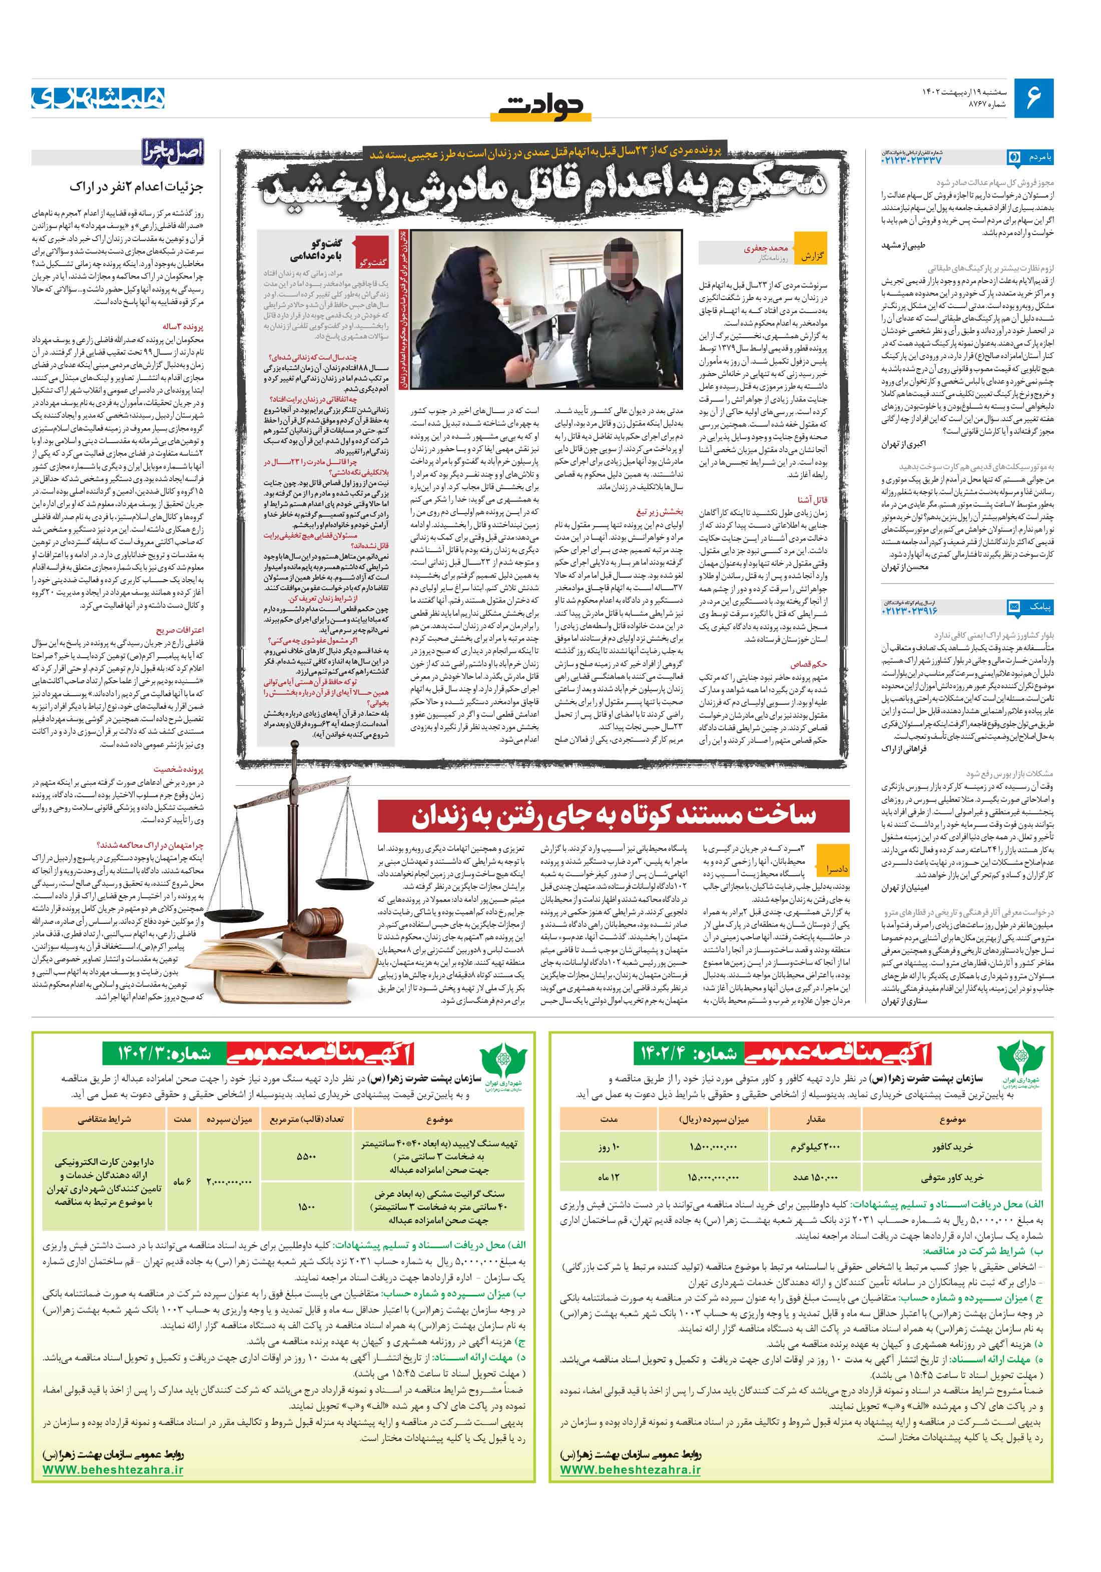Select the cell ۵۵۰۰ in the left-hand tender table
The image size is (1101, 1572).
coord(306,1156)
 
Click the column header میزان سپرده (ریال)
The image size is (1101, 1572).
coord(713,1119)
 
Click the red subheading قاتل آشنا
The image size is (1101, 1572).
coord(811,500)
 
